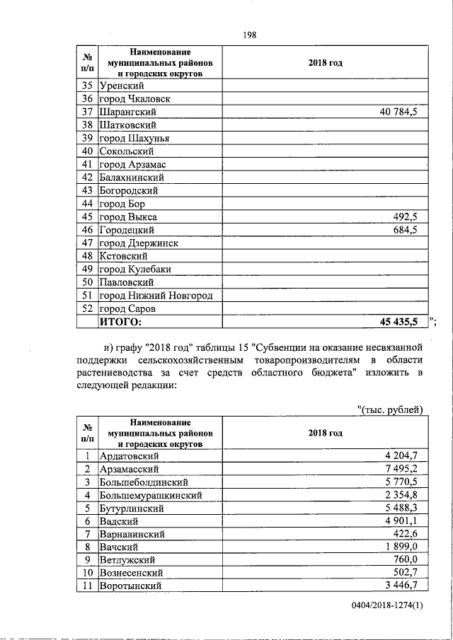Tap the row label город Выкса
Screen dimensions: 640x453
[128, 216]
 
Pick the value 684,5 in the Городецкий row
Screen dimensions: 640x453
[409, 230]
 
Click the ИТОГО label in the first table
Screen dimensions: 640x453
[120, 322]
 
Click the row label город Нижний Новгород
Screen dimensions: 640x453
[156, 296]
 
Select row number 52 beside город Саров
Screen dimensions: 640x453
[88, 309]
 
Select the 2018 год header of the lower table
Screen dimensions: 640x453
[325, 433]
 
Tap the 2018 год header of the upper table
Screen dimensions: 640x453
[325, 63]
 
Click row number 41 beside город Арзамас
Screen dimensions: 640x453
[88, 164]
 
